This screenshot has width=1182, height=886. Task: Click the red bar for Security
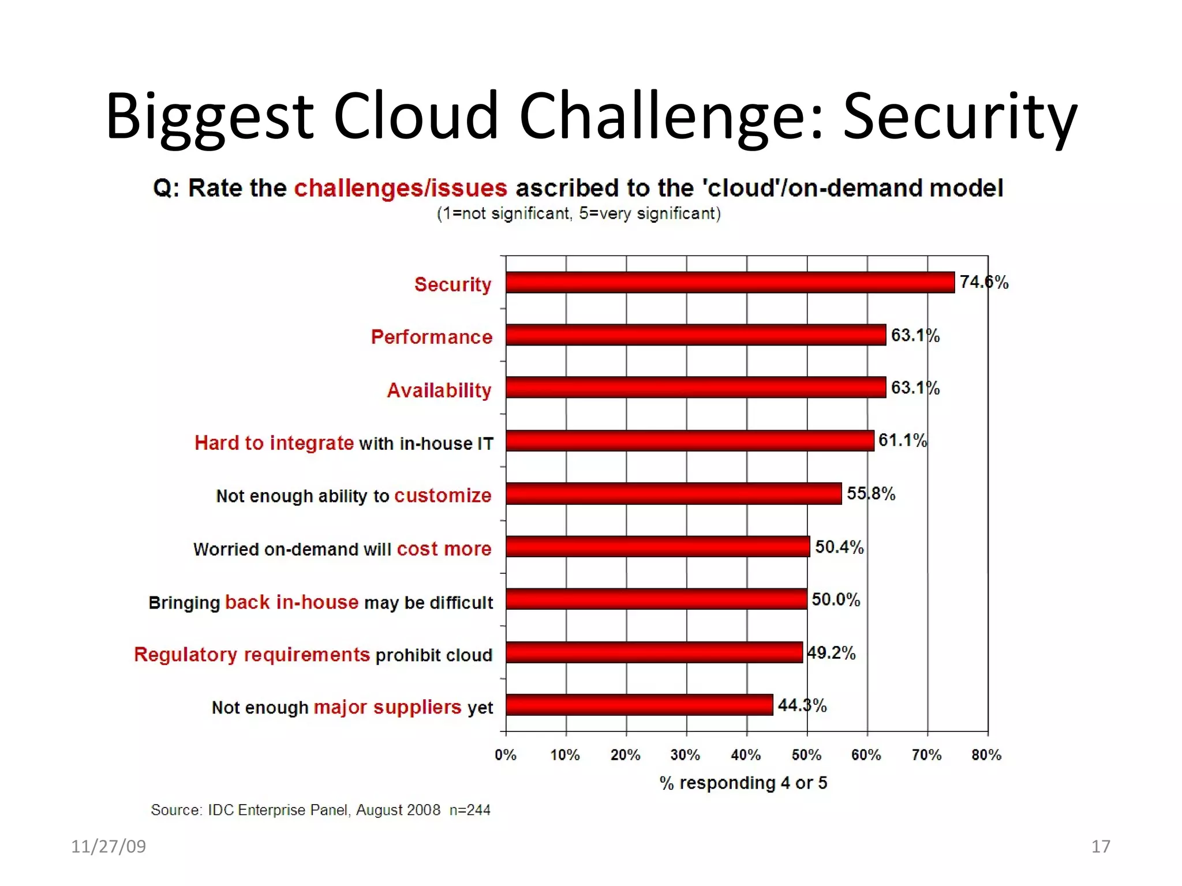(730, 283)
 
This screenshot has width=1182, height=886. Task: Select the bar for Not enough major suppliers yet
(639, 705)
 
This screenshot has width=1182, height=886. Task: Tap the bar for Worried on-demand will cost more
(657, 546)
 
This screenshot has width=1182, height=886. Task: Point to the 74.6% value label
(984, 282)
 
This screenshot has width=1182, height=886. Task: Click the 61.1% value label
(902, 441)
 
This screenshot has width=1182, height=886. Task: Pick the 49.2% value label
(831, 653)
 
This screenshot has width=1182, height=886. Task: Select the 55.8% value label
(871, 494)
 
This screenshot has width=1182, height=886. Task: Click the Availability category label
(439, 391)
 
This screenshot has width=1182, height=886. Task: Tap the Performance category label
(431, 337)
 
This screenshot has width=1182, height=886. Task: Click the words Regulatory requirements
(252, 655)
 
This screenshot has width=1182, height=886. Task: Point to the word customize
(443, 495)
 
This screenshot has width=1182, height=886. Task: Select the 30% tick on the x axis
(686, 754)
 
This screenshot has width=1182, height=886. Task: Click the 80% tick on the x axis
(986, 754)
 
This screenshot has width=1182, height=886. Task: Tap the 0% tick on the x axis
(506, 754)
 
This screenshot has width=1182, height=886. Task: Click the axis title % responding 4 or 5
(743, 783)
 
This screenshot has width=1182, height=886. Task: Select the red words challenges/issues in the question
(401, 188)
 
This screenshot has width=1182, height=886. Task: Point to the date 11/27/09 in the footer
(109, 846)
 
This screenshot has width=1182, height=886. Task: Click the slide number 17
(1101, 846)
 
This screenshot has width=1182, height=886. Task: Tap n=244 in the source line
(470, 810)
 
